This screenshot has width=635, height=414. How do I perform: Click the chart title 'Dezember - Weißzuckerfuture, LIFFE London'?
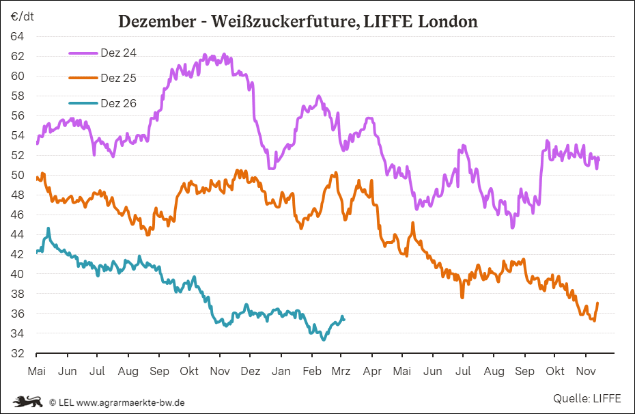point(298,22)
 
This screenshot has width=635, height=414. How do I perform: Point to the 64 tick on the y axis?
point(18,36)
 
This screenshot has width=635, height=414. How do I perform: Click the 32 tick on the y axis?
point(18,353)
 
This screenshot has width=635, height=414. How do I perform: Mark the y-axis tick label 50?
point(18,175)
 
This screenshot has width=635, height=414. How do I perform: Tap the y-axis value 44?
point(18,234)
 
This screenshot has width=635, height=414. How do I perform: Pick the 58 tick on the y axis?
point(18,96)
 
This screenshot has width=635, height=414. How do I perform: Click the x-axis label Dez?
point(251,371)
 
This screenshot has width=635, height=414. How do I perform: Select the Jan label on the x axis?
point(281,371)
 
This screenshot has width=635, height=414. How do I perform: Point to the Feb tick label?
point(312,371)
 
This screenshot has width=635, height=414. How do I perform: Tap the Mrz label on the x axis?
point(341,371)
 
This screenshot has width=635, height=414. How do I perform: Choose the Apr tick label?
point(372,371)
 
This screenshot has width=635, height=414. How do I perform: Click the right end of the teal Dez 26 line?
point(344,319)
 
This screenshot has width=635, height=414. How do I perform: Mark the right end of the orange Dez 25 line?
point(597,303)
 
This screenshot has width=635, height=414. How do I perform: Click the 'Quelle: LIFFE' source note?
point(587,398)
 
